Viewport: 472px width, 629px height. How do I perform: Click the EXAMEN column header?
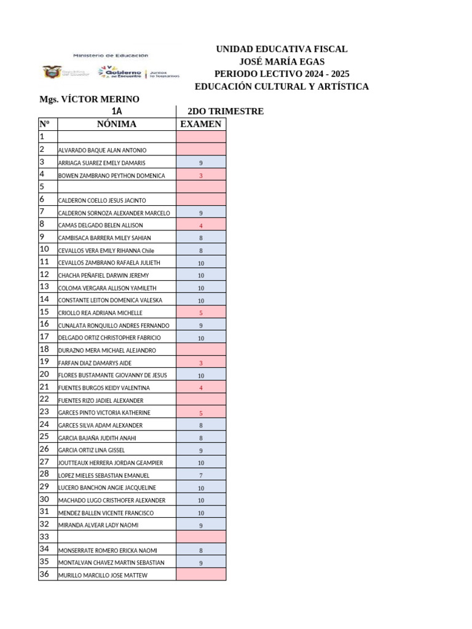tap(200, 124)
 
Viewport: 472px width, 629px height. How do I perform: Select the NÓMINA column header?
tap(117, 124)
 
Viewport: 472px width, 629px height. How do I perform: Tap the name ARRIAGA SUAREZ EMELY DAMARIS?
tap(102, 163)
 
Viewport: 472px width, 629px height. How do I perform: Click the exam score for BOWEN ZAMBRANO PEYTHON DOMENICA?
tap(201, 176)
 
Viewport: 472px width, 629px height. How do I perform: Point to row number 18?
tap(44, 349)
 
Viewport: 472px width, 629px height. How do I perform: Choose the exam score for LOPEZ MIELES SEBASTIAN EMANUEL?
tap(201, 475)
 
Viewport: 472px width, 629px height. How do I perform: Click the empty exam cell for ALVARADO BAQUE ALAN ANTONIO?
tap(201, 150)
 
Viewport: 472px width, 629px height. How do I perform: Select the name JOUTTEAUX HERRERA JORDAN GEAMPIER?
tap(111, 463)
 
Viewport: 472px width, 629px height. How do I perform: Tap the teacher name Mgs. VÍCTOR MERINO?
tap(89, 99)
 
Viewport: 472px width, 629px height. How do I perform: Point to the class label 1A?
tap(117, 111)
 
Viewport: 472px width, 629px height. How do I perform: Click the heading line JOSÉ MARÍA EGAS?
tap(281, 61)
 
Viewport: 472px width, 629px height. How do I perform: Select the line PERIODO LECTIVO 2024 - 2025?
tap(281, 74)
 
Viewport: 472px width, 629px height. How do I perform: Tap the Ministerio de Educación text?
tap(111, 55)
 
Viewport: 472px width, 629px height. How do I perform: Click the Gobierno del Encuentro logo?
tap(120, 72)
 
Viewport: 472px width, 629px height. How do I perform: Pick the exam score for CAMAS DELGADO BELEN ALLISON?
tap(201, 225)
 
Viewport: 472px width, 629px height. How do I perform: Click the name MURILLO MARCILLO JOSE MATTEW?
tap(103, 576)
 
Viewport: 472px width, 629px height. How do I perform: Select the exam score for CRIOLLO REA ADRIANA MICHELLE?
tap(201, 313)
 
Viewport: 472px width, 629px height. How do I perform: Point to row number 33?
tap(44, 536)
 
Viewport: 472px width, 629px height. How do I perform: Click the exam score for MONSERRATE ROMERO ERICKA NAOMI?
tap(201, 550)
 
